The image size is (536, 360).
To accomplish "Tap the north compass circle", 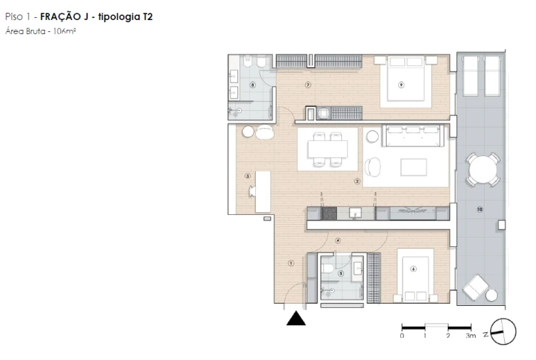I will (x=503, y=331).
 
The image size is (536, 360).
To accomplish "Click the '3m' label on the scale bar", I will (x=470, y=335).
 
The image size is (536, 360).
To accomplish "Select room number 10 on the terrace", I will (x=480, y=209).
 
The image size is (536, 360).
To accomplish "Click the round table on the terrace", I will (x=483, y=169).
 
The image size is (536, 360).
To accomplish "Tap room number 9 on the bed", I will (x=401, y=85).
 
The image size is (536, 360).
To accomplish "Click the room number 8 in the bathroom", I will (x=252, y=85).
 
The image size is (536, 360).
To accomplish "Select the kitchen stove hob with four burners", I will (x=328, y=212).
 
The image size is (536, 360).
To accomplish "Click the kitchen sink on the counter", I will (x=358, y=212).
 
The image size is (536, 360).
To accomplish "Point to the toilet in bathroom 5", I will (x=328, y=268).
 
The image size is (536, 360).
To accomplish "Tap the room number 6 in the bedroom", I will (x=413, y=268).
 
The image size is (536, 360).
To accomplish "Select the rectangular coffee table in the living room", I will (x=414, y=166).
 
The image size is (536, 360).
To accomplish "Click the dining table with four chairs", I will (x=328, y=149).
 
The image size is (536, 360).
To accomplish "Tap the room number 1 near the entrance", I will (x=291, y=263).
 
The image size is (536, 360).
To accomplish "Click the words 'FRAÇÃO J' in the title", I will (x=63, y=16).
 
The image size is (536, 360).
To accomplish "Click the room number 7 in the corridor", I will (x=308, y=85).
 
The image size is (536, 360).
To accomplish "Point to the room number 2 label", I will (x=357, y=181).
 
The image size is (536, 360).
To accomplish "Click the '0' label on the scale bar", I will (x=402, y=335).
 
